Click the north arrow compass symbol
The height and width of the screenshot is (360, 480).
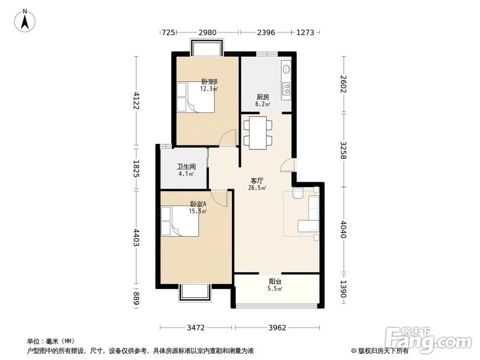point(25,21)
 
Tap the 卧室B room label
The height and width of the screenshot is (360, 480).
point(210,82)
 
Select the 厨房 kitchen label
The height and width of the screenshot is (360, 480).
point(263,97)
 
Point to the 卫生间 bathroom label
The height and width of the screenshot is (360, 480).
point(186,167)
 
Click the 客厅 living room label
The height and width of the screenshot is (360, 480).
point(257,181)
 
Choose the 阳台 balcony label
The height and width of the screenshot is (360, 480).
point(275,281)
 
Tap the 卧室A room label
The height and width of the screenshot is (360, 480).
point(198,204)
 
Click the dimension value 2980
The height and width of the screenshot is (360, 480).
point(207,32)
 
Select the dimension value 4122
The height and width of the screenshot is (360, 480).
point(136,101)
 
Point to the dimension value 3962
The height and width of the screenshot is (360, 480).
point(277,328)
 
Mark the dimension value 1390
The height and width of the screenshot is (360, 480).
point(343,289)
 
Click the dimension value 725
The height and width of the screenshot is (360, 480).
point(168,32)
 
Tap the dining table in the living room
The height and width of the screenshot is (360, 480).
point(258,133)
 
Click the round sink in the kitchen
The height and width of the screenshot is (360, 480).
point(286,69)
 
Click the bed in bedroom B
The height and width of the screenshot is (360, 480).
point(195,97)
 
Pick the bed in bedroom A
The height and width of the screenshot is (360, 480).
point(180,221)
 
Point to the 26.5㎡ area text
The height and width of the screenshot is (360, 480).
point(257,188)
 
